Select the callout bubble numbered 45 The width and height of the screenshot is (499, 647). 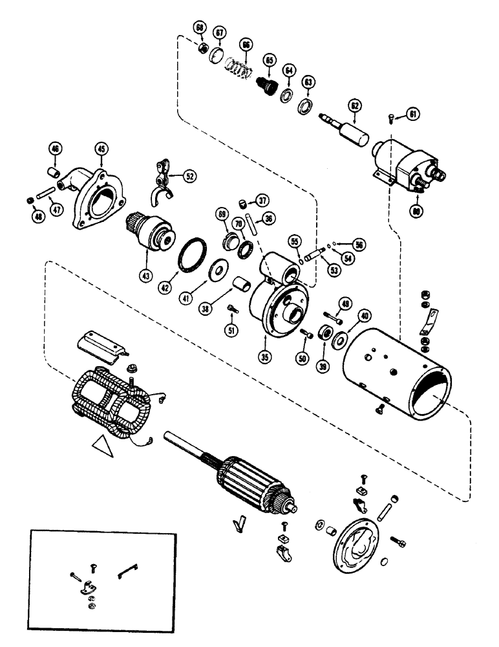tap(101, 149)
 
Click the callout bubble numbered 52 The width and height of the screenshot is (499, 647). tap(189, 175)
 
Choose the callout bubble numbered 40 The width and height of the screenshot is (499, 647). tap(365, 316)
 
